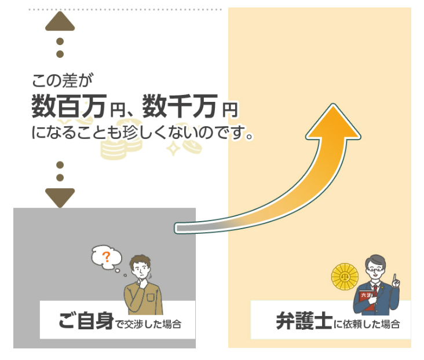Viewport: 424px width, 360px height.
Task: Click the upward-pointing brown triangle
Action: [x=60, y=21]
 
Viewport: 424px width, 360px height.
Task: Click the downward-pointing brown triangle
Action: [x=60, y=197]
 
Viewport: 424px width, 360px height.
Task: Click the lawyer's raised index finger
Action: [x=395, y=276]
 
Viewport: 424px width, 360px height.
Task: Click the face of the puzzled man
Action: [x=140, y=270]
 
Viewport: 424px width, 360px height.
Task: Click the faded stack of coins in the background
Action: [x=113, y=148]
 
